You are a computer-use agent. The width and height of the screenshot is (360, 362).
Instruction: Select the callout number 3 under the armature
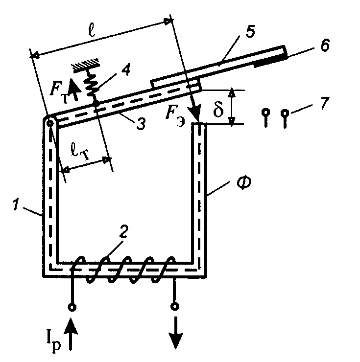(x=141, y=124)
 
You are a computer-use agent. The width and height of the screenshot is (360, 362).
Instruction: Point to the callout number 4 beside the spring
(x=125, y=69)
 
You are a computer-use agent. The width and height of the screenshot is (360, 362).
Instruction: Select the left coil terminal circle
(x=72, y=307)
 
